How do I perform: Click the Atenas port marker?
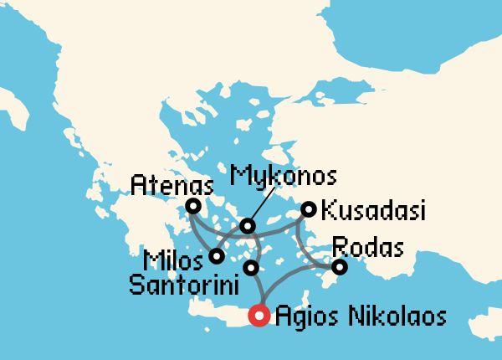click(x=193, y=205)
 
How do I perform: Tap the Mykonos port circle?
click(x=247, y=226)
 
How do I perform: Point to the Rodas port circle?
click(x=339, y=267)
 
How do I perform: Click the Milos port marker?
click(x=216, y=255)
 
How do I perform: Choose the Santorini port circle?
click(x=249, y=268)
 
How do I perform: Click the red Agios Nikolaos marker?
click(x=259, y=316)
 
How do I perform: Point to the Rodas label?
click(x=368, y=248)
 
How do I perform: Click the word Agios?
click(x=306, y=316)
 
